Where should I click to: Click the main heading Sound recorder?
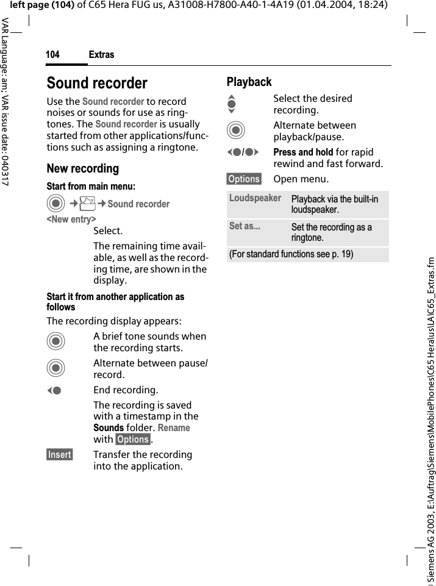(x=97, y=83)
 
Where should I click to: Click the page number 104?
(x=52, y=55)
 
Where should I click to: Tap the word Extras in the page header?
(x=101, y=55)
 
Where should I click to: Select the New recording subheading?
(x=83, y=168)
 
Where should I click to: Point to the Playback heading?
(x=249, y=82)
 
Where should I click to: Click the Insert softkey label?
(x=60, y=455)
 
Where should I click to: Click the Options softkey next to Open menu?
(x=244, y=179)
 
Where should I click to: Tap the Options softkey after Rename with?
(x=133, y=440)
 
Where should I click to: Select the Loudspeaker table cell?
(x=255, y=198)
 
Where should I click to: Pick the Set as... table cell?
(x=245, y=226)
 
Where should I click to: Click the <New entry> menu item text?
(x=71, y=219)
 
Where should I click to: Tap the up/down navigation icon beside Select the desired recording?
(x=231, y=104)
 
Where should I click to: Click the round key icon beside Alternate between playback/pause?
(x=235, y=130)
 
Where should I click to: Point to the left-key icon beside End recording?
(x=55, y=390)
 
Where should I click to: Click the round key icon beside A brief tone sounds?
(x=55, y=341)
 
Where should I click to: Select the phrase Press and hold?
(x=303, y=152)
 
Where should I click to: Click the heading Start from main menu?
(x=91, y=186)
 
